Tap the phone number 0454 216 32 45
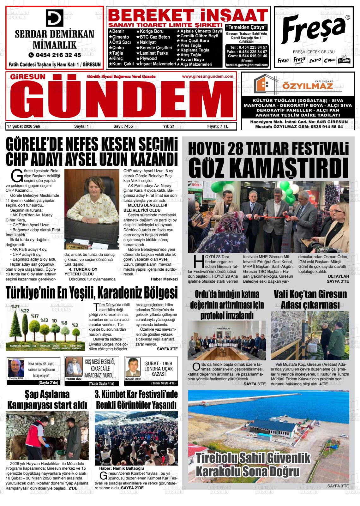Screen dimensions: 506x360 pos(55,55)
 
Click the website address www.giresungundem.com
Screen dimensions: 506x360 pos(207,76)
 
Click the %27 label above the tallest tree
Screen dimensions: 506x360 pos(15,306)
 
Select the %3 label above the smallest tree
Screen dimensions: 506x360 pos(75,325)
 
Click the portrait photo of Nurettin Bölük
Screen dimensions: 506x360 pos(16,368)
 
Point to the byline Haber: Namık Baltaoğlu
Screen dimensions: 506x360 pos(122,468)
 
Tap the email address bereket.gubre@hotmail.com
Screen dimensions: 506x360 pos(247,65)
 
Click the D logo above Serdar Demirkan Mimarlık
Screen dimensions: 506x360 pos(54,18)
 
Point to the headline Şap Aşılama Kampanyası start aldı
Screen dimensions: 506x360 pos(47,399)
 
